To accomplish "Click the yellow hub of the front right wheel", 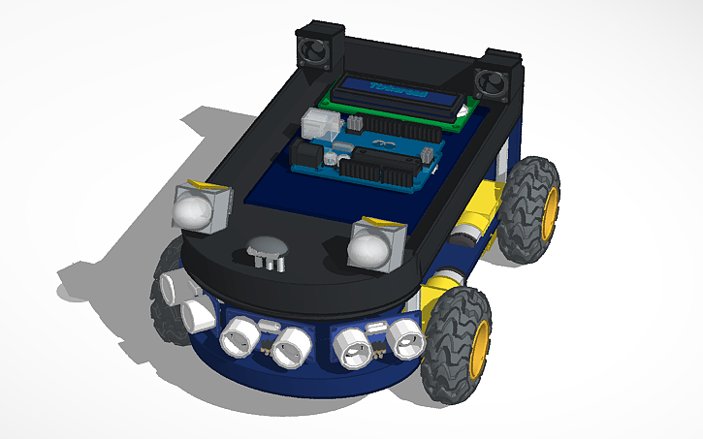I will point(478,340).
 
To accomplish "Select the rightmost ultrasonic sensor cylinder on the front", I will point(406,338).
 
